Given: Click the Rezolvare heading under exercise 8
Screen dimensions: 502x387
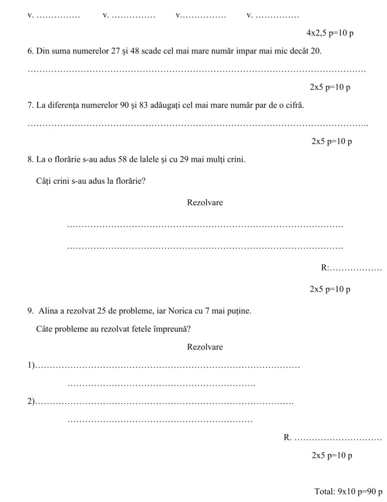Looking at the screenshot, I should [x=205, y=202].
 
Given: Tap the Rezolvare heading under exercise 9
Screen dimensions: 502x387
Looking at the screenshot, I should [x=205, y=347].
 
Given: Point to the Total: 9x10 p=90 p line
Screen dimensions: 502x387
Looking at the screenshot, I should [x=348, y=491].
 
